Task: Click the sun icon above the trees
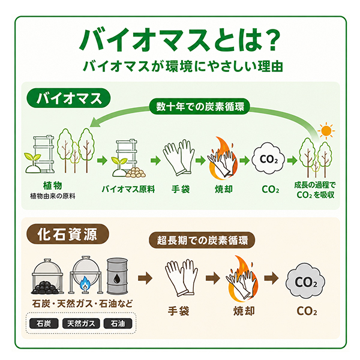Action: click(326, 131)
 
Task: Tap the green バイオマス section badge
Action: click(68, 98)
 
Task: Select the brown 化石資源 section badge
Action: click(68, 234)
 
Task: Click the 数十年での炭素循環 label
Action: click(200, 107)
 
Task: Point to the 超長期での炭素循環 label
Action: click(202, 240)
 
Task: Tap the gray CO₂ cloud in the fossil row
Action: click(305, 281)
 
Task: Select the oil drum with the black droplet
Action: click(117, 276)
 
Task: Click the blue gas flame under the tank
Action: click(85, 284)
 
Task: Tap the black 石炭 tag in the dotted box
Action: click(44, 323)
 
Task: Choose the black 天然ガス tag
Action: click(81, 323)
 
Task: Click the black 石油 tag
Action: click(118, 323)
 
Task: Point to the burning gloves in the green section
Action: click(223, 158)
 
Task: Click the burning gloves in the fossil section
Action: click(242, 278)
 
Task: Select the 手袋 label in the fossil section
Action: click(178, 311)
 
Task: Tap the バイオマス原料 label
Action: click(128, 189)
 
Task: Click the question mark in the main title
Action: click(272, 40)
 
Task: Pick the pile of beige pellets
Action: click(136, 173)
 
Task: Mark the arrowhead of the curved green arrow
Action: click(94, 122)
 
